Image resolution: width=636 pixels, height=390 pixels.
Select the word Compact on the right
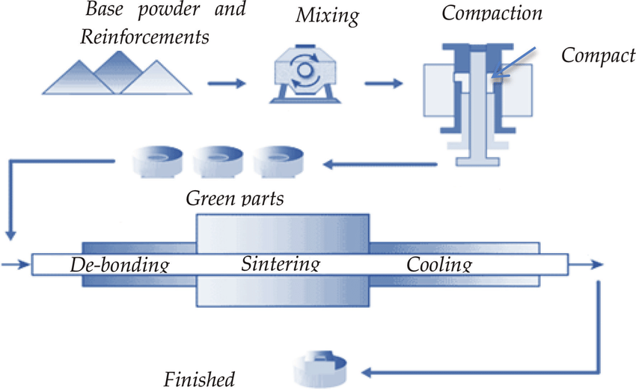tap(598, 56)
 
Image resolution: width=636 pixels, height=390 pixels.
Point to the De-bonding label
tap(119, 264)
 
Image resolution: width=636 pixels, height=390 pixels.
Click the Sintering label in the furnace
tap(281, 264)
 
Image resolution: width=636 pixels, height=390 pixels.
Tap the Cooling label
tap(439, 264)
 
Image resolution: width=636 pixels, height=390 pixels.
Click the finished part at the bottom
tap(319, 366)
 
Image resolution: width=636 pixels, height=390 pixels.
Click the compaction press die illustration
tap(477, 97)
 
